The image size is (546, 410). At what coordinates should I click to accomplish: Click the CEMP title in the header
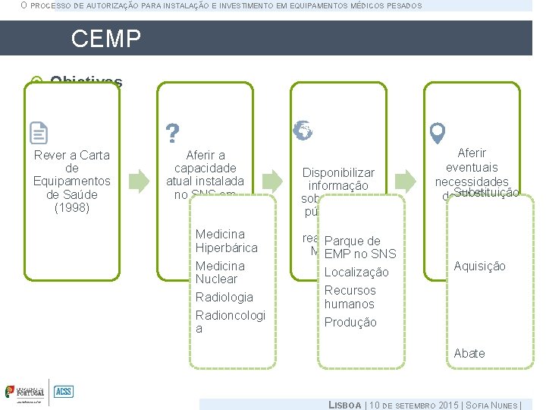pos(106,39)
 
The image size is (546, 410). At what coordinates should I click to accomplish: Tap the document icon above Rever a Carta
pos(39,133)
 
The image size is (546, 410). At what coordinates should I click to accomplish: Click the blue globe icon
pos(303,131)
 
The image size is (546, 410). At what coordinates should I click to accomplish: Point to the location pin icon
pos(437,134)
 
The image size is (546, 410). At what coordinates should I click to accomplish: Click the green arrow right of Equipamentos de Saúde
pos(139,181)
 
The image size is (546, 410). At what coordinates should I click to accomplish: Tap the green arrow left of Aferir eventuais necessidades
pos(406,181)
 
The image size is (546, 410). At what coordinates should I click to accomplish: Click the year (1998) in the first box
pos(72,207)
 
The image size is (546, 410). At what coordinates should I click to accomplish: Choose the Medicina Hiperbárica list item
pos(226,241)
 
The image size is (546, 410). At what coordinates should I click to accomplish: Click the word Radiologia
pos(224,297)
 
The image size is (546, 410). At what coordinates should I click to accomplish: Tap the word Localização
pos(356,272)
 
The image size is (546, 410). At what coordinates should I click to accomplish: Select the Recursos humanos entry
pos(350,297)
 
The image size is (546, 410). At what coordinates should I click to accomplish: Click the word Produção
pos(350,322)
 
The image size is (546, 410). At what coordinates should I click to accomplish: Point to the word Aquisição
pos(479,266)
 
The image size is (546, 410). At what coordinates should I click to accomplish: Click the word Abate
pos(469,353)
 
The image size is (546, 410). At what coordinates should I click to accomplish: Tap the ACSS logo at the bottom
pos(63,392)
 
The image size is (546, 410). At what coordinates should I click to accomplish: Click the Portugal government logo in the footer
pos(25,392)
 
